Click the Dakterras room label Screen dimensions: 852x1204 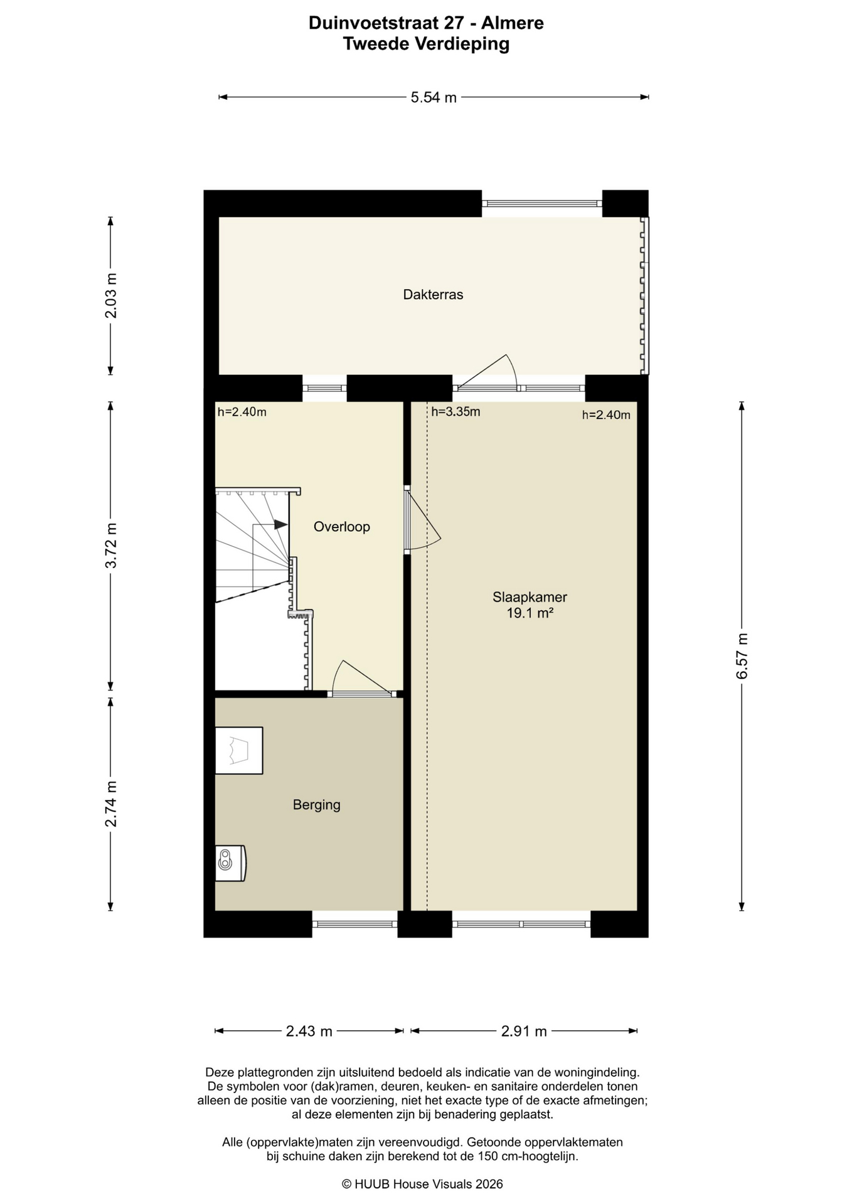click(433, 295)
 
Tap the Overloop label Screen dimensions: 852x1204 click(342, 527)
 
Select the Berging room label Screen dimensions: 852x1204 click(317, 805)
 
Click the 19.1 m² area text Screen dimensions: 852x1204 click(530, 613)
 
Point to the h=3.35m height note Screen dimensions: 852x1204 click(456, 412)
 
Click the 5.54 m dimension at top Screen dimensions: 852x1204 click(434, 98)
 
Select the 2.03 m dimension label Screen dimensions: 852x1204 click(111, 295)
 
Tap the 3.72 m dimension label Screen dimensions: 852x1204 click(111, 546)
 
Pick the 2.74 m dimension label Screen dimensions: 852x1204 click(111, 804)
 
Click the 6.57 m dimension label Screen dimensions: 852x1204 click(742, 656)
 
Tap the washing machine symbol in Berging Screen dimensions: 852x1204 click(230, 863)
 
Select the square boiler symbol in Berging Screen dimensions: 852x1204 click(239, 751)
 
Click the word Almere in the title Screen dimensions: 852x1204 click(513, 23)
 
